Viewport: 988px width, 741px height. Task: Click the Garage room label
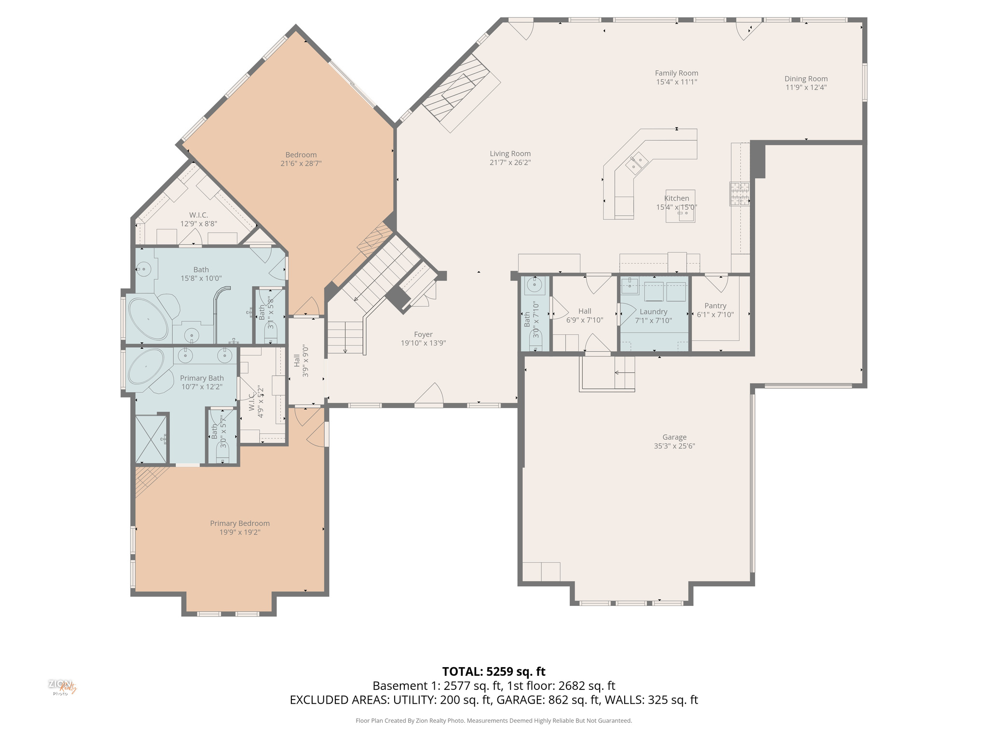click(x=674, y=437)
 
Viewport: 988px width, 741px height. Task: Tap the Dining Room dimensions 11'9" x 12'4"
click(x=806, y=87)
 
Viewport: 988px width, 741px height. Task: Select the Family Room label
click(x=676, y=73)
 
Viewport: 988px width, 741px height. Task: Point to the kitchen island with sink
click(x=680, y=206)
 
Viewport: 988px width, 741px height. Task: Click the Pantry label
click(x=715, y=306)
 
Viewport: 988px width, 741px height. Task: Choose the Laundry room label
click(x=653, y=312)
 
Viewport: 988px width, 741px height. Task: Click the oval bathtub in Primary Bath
click(x=146, y=367)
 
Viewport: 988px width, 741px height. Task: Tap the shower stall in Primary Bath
click(x=151, y=439)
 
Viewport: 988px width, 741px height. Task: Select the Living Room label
click(x=510, y=154)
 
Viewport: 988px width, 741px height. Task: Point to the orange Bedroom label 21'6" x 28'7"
click(x=301, y=155)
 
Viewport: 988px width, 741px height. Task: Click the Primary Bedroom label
click(x=240, y=523)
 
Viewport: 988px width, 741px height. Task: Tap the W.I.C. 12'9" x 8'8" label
click(x=198, y=215)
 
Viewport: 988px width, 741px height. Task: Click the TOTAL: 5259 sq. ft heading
click(x=494, y=672)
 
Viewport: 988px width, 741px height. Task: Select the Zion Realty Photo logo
click(x=62, y=687)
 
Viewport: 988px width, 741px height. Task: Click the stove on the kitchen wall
click(x=739, y=194)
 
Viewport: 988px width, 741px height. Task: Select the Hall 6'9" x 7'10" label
click(x=584, y=311)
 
